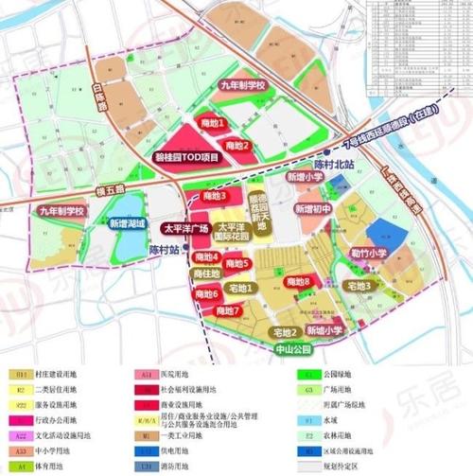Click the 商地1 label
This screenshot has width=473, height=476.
pos(212,124)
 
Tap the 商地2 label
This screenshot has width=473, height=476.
pos(233,145)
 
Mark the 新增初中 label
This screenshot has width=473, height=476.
pos(311,208)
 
